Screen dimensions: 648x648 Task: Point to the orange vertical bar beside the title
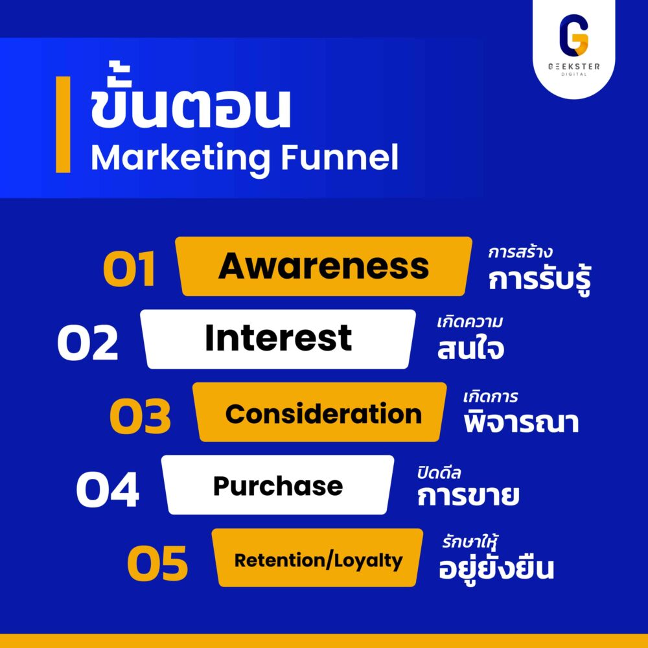[63, 124]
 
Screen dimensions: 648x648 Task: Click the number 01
[130, 270]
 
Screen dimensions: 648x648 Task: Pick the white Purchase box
[278, 485]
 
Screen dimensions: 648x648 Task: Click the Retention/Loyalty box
[318, 559]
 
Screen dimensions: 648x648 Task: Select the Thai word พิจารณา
[521, 422]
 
